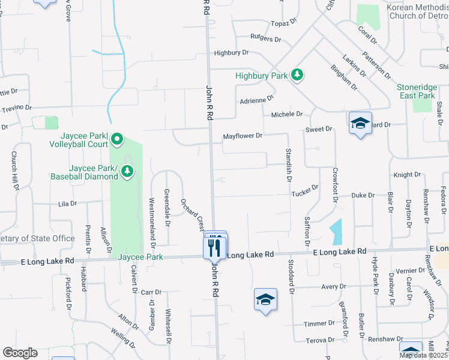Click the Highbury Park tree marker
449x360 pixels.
click(x=297, y=75)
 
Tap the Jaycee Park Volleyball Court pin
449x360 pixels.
click(x=116, y=140)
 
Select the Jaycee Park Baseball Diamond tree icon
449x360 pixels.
click(x=127, y=172)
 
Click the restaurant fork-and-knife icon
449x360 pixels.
click(x=214, y=245)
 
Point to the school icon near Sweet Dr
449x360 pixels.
click(x=360, y=123)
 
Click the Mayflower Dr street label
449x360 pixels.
click(x=243, y=136)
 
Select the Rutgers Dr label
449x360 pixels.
click(x=266, y=38)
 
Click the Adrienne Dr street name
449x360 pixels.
click(x=256, y=100)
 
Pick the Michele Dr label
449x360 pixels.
click(x=287, y=114)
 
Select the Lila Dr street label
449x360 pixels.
click(x=68, y=203)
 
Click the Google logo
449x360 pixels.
click(x=20, y=353)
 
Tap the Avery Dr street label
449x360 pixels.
click(x=331, y=287)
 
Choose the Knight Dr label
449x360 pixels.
click(x=407, y=175)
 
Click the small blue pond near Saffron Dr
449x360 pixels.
click(x=336, y=231)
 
